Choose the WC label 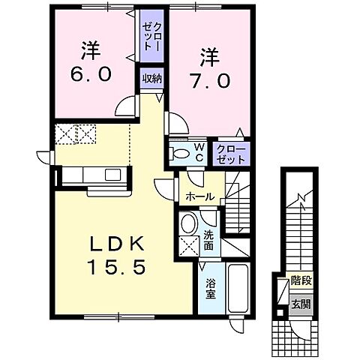click(199, 152)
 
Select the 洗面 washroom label click(209, 238)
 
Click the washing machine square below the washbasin click(189, 245)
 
